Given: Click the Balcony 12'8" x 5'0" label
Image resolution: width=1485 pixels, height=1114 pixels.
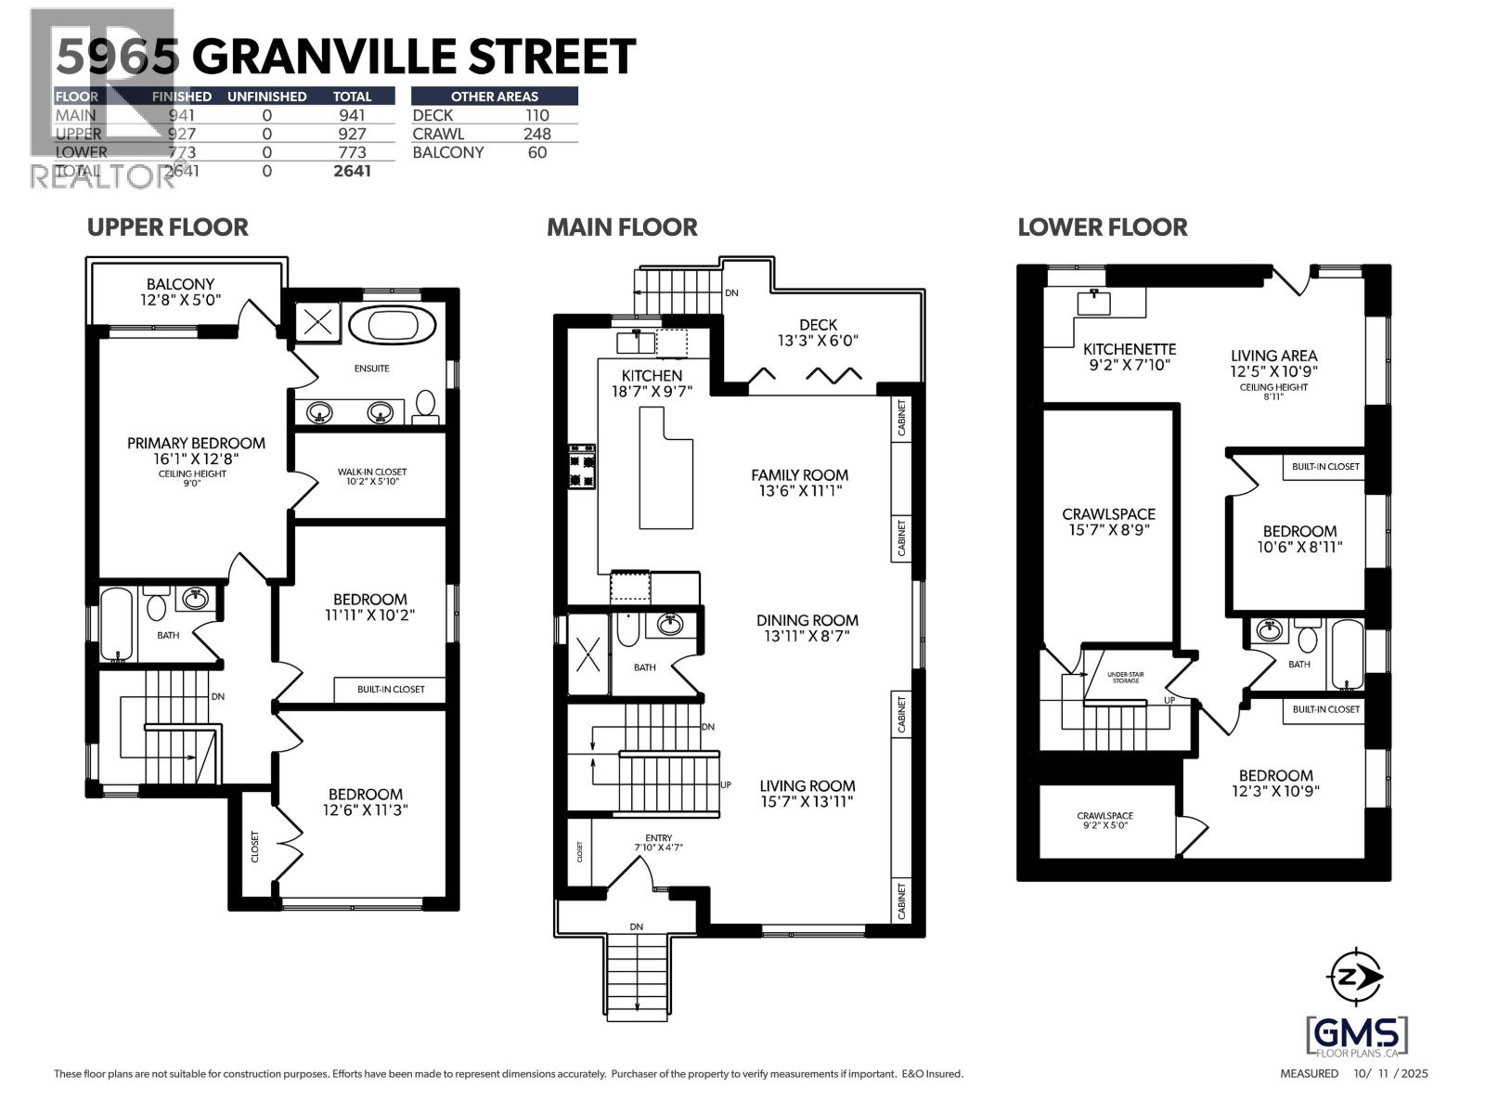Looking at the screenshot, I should pos(180,291).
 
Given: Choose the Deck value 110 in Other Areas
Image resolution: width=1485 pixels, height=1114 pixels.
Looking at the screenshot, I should pos(536,115).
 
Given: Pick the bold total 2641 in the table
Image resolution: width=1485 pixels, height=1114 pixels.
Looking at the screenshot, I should pos(352,171).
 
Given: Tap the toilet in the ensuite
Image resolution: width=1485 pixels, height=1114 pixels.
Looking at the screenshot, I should pos(426,403).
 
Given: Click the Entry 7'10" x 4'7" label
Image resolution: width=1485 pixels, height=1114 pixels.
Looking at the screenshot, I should pos(658,843).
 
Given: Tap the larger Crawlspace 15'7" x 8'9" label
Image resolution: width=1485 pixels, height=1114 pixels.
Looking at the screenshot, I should pos(1108,522).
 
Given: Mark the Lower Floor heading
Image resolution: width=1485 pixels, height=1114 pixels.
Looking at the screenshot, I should pos(1102,227).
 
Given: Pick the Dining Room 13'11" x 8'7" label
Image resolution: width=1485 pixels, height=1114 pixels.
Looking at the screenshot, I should pos(807,628).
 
